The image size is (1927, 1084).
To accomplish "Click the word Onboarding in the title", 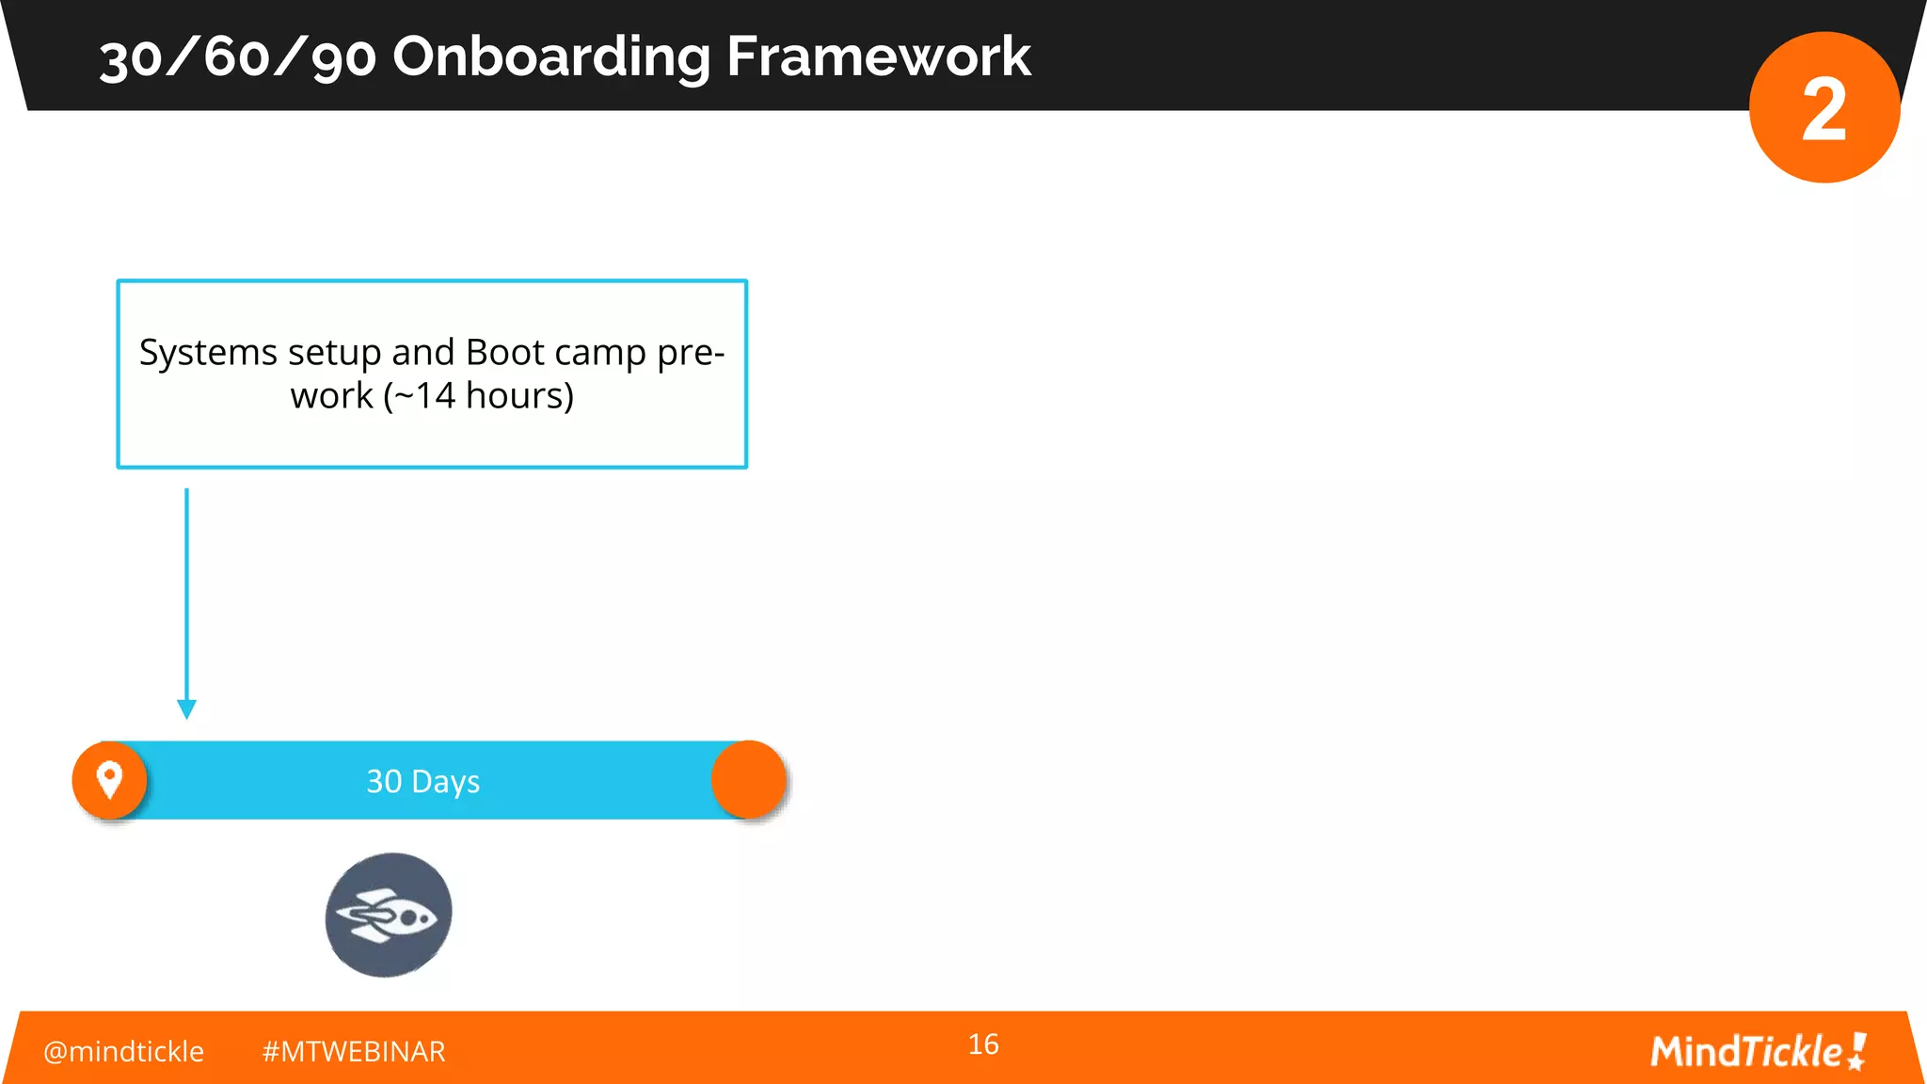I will (550, 57).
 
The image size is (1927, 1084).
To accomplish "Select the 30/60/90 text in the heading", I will (238, 57).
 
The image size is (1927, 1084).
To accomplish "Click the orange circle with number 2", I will (1823, 108).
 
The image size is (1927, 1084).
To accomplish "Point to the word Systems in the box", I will (208, 353).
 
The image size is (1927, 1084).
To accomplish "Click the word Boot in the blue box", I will (505, 353).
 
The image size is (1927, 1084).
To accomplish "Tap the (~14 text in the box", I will (420, 396).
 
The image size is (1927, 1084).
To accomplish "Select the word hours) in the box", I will (520, 396).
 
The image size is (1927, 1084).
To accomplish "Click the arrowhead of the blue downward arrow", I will (186, 709).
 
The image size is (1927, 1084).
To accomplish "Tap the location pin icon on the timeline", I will (110, 780).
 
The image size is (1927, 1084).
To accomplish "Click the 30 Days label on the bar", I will (423, 782).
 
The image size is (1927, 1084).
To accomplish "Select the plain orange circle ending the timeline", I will (748, 780).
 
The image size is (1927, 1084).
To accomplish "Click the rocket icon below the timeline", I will (389, 915).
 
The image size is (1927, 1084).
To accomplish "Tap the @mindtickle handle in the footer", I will (123, 1051).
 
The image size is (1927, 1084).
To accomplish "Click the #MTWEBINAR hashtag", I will (354, 1051).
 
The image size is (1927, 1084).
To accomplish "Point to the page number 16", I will (983, 1044).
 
